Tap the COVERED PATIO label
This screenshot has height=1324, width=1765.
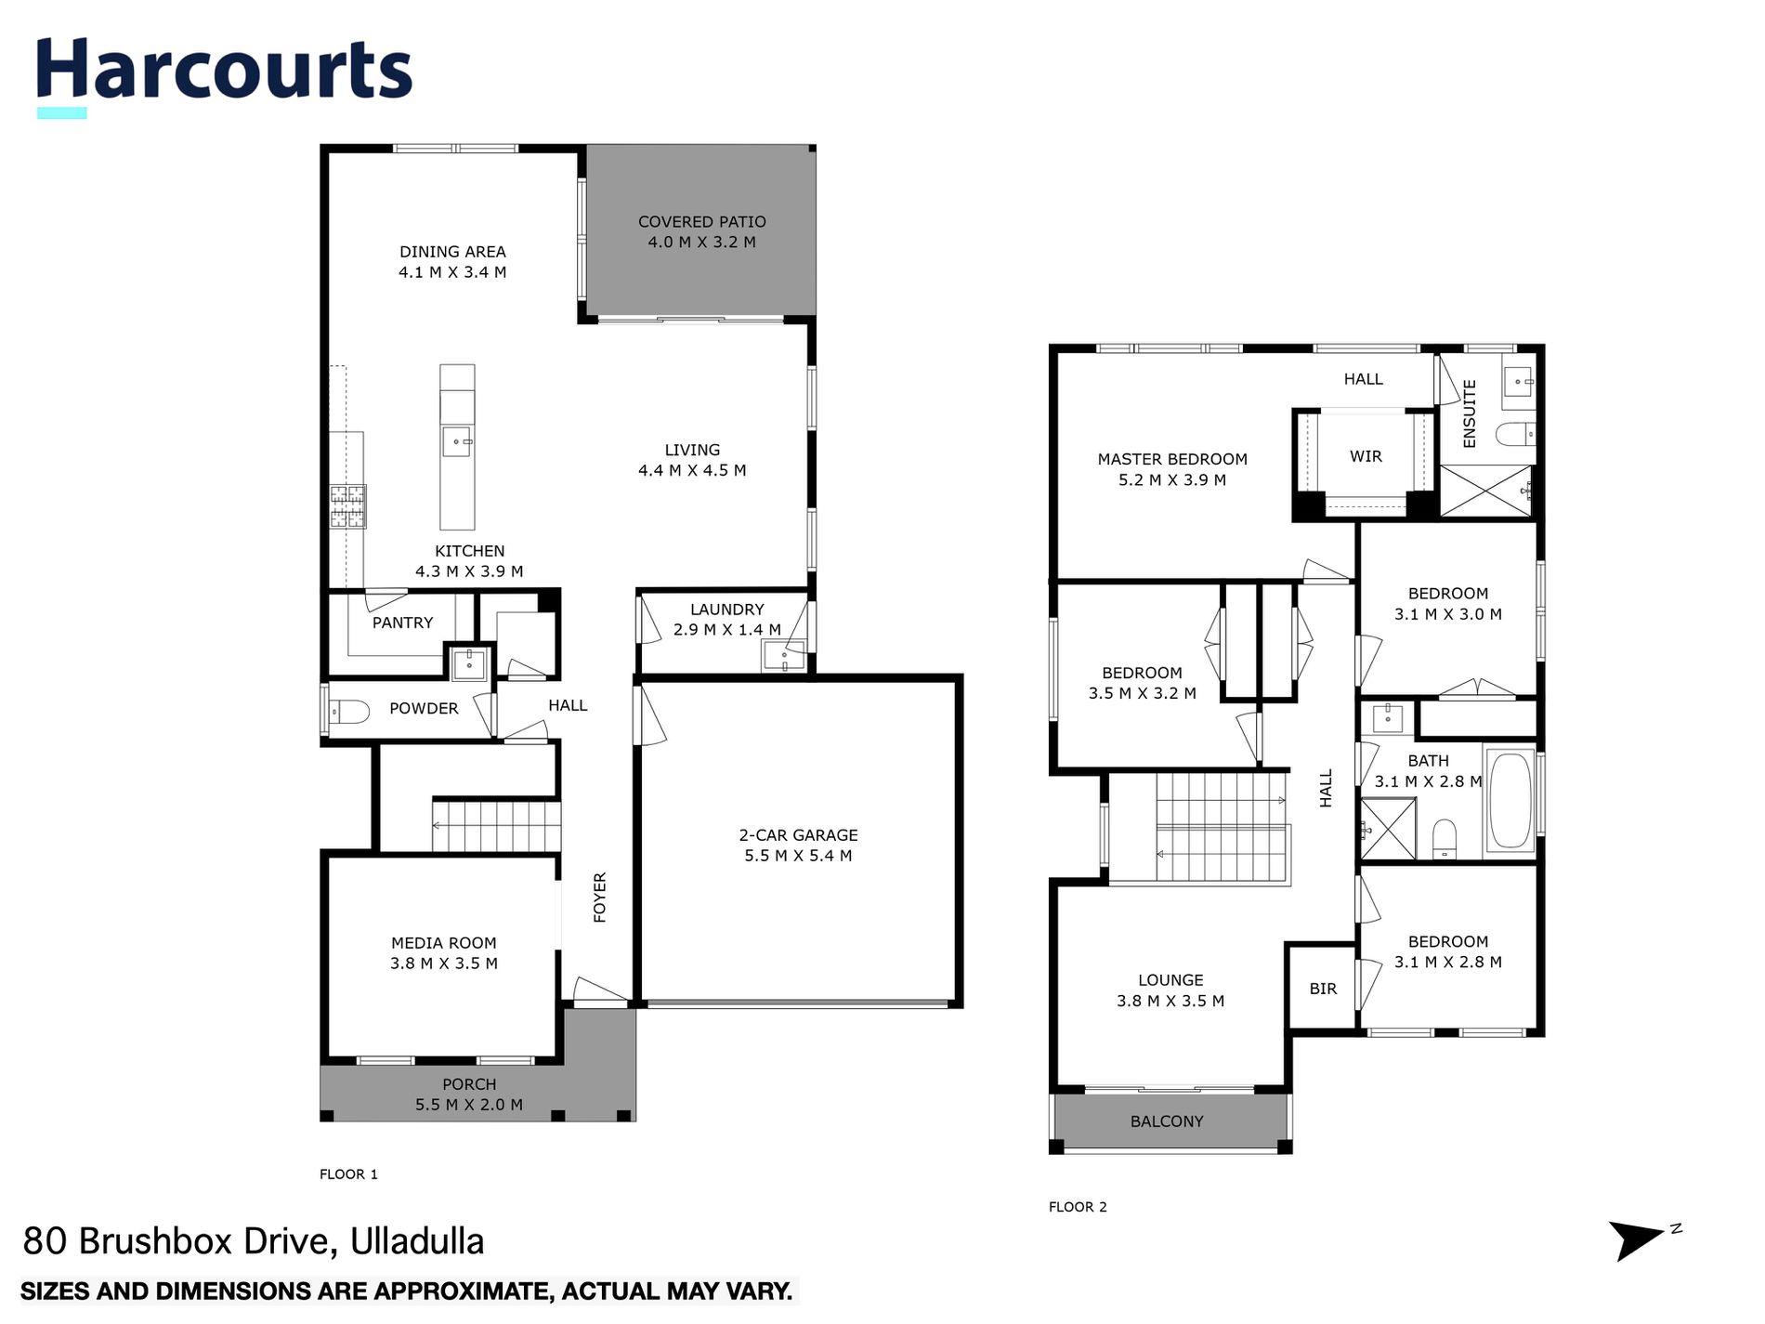tap(701, 222)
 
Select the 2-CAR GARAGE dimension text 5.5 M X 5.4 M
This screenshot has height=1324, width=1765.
tap(798, 856)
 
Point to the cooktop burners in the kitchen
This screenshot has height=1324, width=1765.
tap(348, 506)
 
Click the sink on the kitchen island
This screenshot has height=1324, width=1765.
tap(457, 441)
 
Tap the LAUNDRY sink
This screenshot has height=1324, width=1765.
tap(783, 658)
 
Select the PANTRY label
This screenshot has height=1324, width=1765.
tap(402, 623)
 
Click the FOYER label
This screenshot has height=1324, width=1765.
tap(600, 897)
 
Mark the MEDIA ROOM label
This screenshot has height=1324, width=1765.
tap(443, 943)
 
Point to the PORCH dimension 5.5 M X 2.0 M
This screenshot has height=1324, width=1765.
tap(468, 1105)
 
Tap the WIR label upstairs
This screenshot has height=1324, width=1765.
tap(1366, 456)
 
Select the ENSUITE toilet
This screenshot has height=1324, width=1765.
tap(1514, 434)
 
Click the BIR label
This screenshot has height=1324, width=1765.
tap(1323, 989)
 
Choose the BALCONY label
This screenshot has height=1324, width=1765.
tap(1167, 1121)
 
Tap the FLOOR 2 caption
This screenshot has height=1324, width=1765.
tap(1078, 1207)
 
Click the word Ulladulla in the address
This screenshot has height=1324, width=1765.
tap(417, 1241)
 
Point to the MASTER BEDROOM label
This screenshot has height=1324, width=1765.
tap(1172, 459)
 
